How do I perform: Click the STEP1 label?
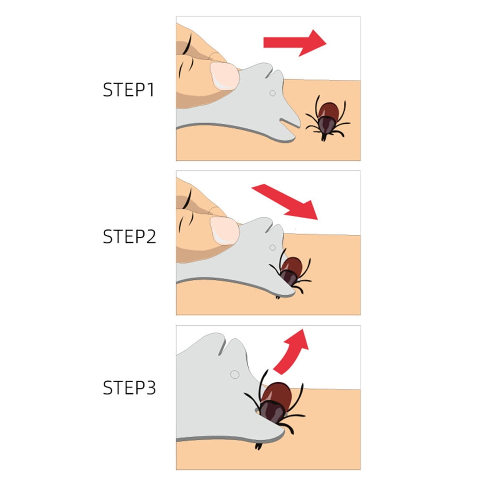(x=128, y=90)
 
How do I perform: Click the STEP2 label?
(x=129, y=236)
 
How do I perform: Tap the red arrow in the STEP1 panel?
(x=295, y=43)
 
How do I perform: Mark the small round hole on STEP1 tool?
(x=272, y=93)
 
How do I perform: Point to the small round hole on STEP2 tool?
(x=272, y=247)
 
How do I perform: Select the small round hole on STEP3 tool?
(x=234, y=374)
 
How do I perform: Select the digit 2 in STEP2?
(x=150, y=236)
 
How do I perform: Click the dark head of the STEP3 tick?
(x=269, y=411)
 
